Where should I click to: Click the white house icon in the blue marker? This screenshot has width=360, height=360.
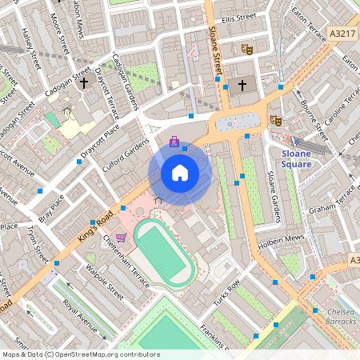pyautogui.click(x=180, y=172)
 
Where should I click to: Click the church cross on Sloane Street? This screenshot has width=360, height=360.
pyautogui.click(x=242, y=84)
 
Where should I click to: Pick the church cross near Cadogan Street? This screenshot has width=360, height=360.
pyautogui.click(x=83, y=81)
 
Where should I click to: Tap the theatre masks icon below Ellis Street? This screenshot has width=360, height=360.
pyautogui.click(x=246, y=49)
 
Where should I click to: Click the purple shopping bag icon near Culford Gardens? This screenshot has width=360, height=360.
pyautogui.click(x=174, y=142)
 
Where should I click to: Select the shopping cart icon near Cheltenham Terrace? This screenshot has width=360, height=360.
pyautogui.click(x=121, y=237)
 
